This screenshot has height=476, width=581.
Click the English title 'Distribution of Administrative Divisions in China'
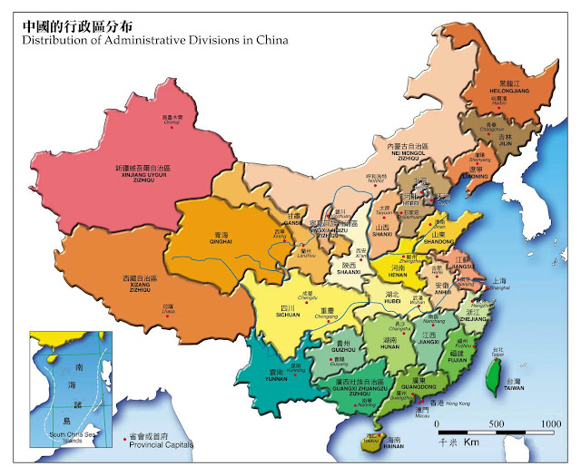click(154, 39)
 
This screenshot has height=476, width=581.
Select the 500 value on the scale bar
click(497, 424)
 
